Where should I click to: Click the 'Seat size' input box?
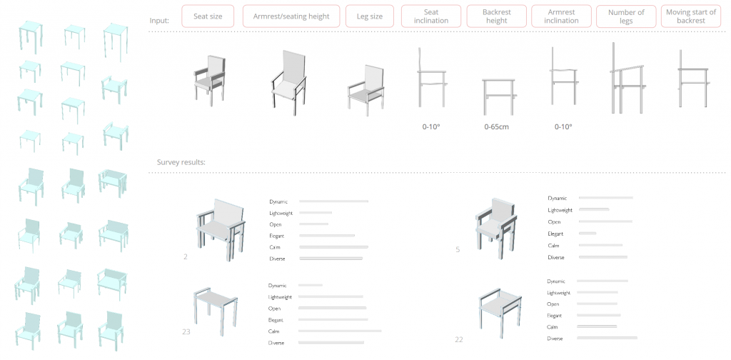[208, 16]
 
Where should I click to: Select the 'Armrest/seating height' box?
[291, 16]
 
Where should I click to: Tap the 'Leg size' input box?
[370, 16]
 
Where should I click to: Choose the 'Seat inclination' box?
[431, 16]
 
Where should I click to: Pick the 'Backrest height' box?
[497, 16]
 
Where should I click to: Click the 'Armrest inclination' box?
[561, 16]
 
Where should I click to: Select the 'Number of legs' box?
[626, 16]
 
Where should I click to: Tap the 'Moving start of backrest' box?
[691, 16]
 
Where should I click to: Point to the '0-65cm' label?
[497, 126]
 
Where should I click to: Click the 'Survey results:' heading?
[181, 162]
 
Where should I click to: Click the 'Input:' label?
[159, 21]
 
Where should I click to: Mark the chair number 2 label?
[186, 256]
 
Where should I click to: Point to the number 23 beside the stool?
[186, 332]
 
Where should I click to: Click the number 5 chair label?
[458, 249]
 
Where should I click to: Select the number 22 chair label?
[459, 339]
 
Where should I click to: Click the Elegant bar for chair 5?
[588, 233]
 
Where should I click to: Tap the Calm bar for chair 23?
[340, 331]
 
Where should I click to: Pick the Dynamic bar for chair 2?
[334, 201]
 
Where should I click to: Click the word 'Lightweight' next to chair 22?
[558, 293]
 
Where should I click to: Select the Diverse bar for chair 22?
[607, 338]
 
